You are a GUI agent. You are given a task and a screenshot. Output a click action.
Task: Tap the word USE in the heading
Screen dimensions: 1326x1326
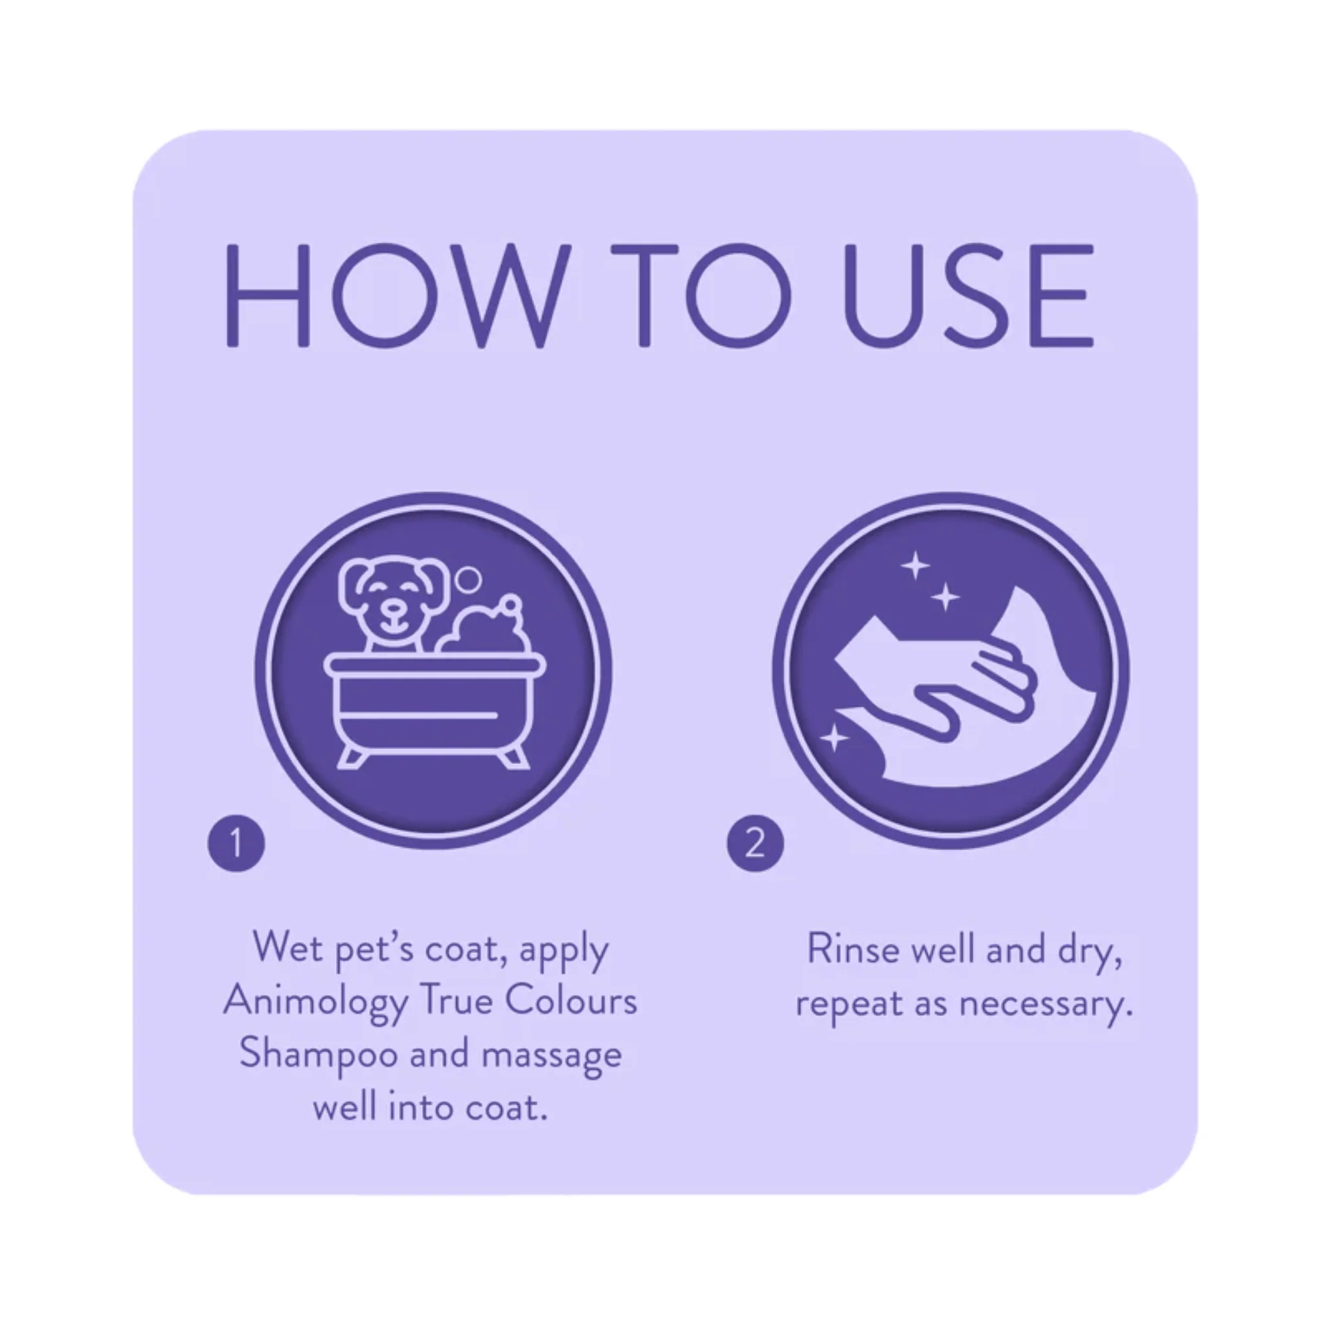968,296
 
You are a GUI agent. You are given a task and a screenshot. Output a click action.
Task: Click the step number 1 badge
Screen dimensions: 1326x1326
236,843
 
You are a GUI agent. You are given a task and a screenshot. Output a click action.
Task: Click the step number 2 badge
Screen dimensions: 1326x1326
755,843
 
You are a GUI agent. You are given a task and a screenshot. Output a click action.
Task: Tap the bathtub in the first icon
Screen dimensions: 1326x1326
435,707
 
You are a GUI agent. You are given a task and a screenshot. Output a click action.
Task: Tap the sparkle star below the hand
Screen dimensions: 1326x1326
834,739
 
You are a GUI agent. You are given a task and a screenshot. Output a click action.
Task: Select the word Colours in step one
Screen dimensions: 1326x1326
571,1001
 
